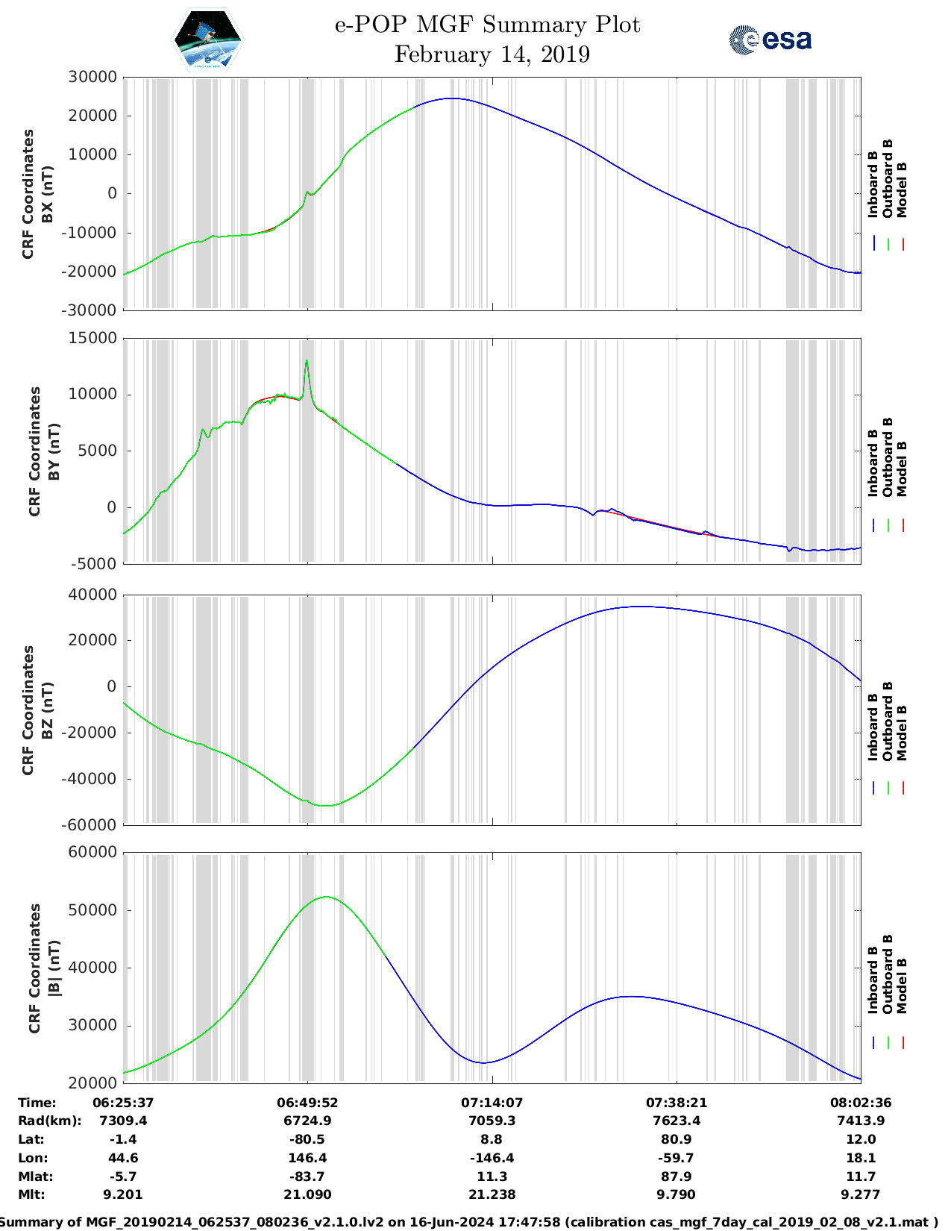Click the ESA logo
coord(770,40)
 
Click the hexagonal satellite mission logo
coord(208,40)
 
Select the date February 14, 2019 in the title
coord(492,54)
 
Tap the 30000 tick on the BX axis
coord(92,77)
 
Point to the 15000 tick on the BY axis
coord(92,338)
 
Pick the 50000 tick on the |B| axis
coord(92,910)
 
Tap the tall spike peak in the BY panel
coord(307,361)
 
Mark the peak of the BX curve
coord(452,98)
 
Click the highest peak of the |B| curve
coord(327,897)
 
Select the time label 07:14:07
coord(492,1103)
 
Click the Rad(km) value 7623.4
coord(676,1121)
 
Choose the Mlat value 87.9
coord(676,1177)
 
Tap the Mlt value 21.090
coord(307,1194)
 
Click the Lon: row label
coord(33,1158)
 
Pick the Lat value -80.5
coord(307,1139)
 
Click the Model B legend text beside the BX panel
coord(902,189)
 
